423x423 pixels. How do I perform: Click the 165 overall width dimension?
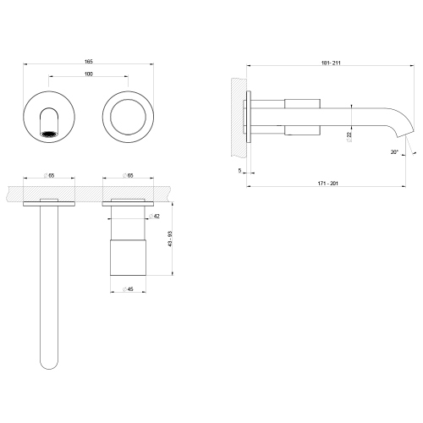coord(88,61)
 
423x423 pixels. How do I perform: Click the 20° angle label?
coord(394,152)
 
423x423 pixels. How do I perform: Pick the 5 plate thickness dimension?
coord(240,170)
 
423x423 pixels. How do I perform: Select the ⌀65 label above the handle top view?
coord(128,176)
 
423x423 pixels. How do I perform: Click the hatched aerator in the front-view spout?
coord(50,133)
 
